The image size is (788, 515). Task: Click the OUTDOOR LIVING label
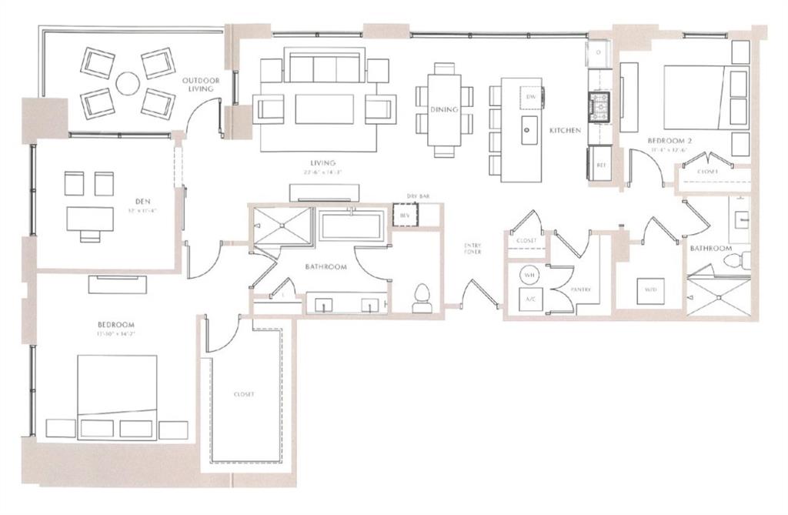(x=201, y=84)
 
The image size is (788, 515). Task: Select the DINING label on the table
(x=444, y=109)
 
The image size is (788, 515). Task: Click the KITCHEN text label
(x=564, y=131)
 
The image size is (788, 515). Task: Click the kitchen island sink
(x=529, y=130)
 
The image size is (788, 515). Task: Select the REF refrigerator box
(x=600, y=165)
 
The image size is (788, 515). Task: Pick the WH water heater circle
(x=529, y=275)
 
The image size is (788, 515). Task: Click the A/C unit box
(x=529, y=299)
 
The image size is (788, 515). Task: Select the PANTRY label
(x=579, y=289)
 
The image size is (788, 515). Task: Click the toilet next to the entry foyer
(x=422, y=297)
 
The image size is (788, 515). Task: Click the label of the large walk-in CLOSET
(x=243, y=393)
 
